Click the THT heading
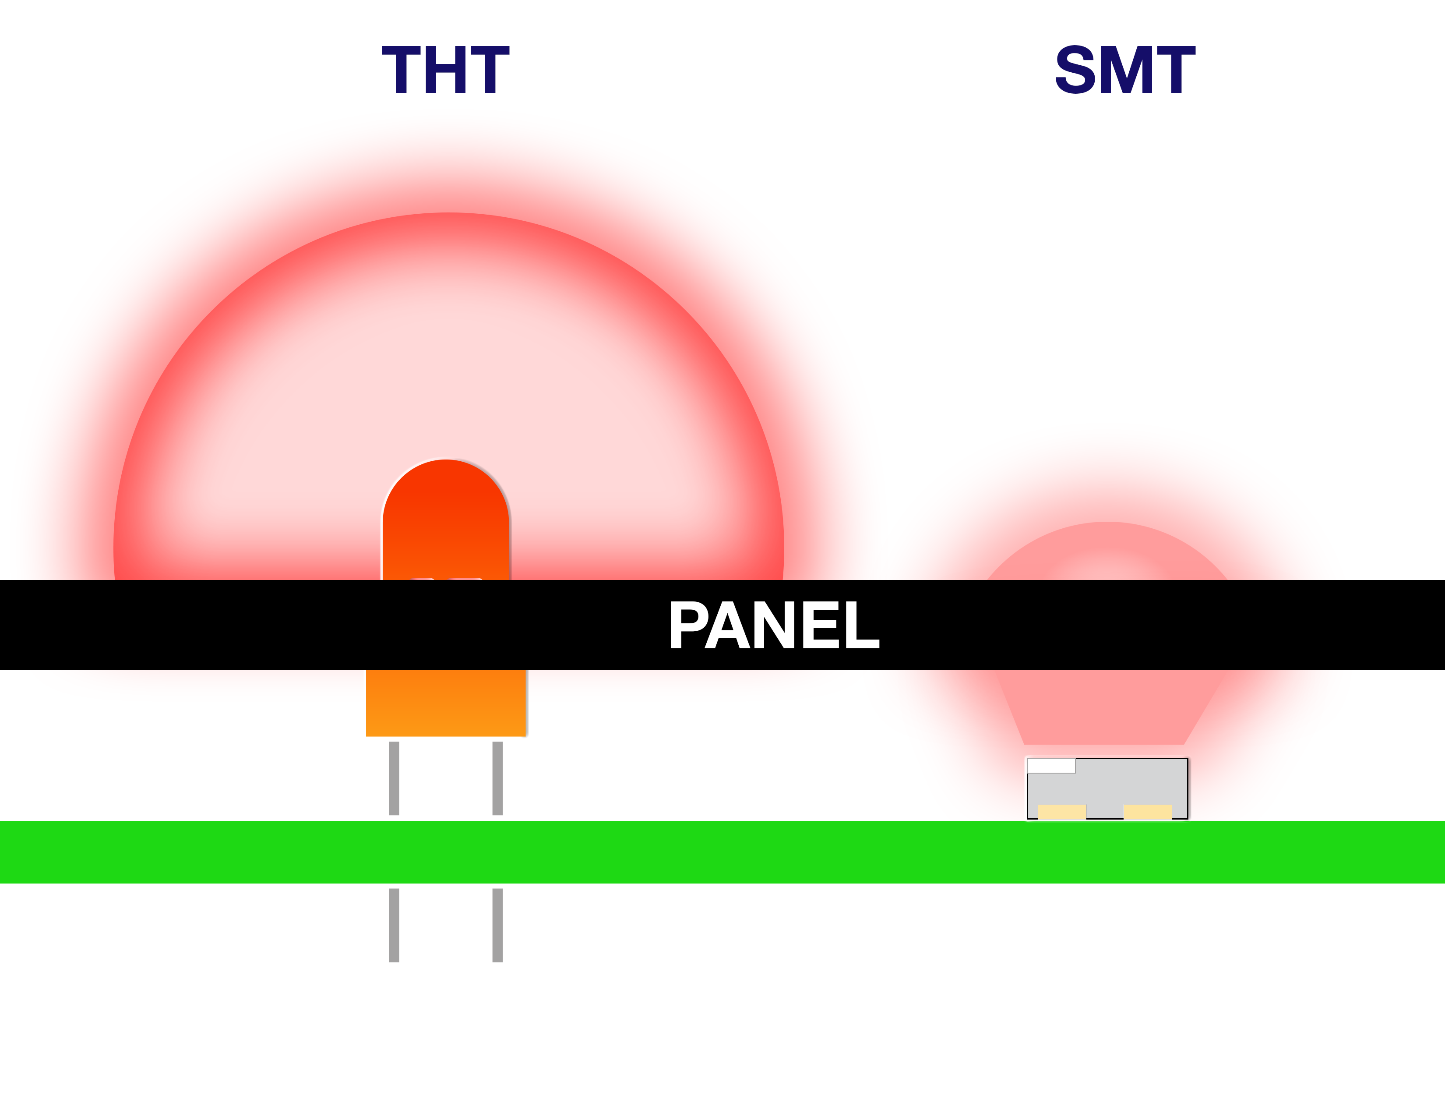pos(445,70)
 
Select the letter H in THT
pos(445,70)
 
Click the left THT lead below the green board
pos(394,925)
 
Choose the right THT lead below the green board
pos(497,925)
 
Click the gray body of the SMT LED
pos(1125,784)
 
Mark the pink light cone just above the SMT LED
pos(1105,708)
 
